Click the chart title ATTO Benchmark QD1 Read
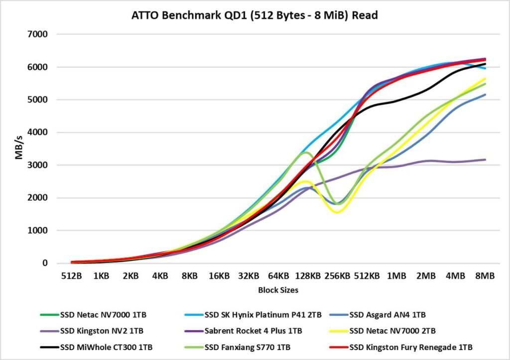pyautogui.click(x=255, y=15)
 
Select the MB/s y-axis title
pyautogui.click(x=18, y=148)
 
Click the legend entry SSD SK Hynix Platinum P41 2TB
pyautogui.click(x=259, y=315)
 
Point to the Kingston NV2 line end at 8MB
pyautogui.click(x=485, y=160)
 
